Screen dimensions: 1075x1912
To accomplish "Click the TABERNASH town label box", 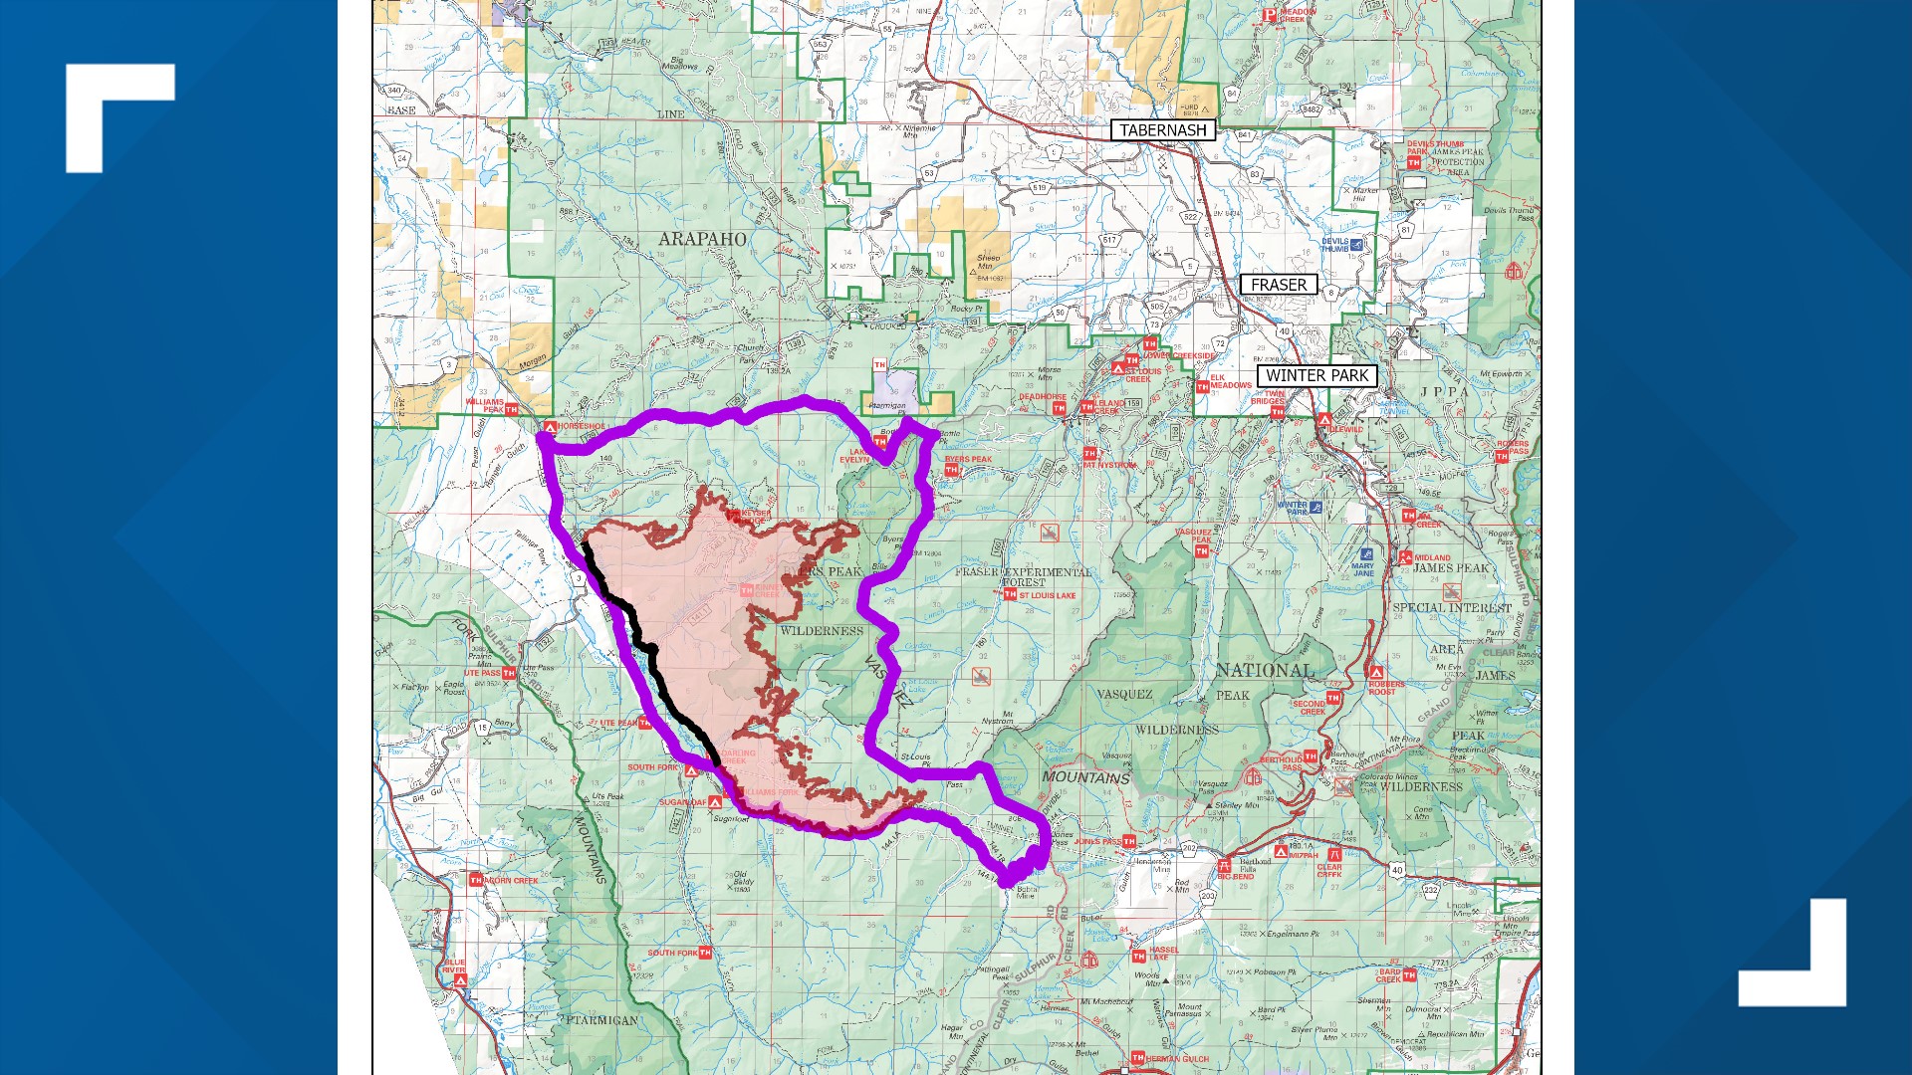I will pos(1162,130).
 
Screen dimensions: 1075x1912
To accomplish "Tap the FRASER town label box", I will pos(1279,285).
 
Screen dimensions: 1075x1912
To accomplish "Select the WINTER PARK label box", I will pos(1316,376).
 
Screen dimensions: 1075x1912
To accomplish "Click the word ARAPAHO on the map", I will pos(702,239).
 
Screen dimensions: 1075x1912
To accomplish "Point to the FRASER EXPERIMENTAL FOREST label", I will pos(1023,576).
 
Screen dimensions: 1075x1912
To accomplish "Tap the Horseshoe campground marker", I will pos(550,427).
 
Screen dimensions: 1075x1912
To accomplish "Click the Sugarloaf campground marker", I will pos(714,802).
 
